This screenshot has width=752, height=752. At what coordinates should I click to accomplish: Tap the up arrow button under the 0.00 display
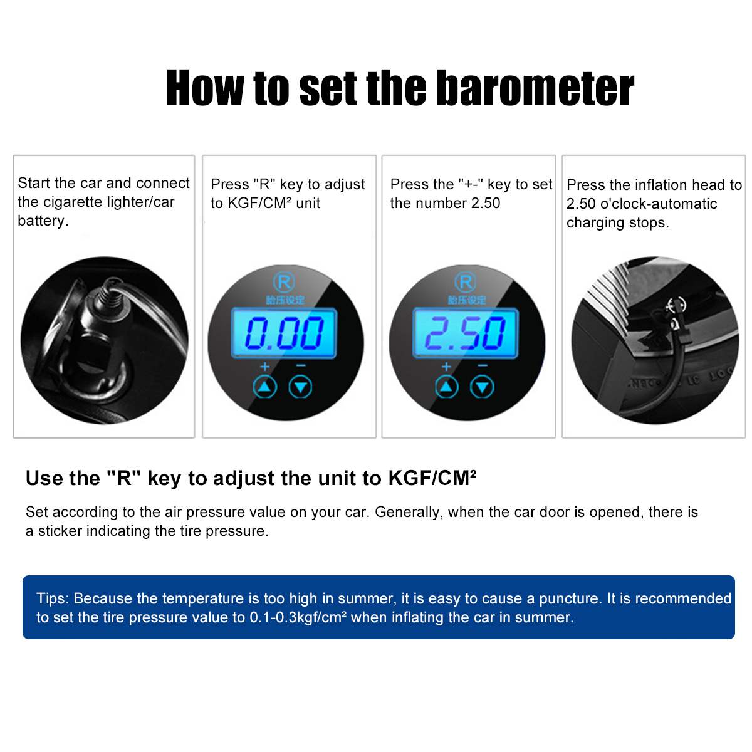pos(264,387)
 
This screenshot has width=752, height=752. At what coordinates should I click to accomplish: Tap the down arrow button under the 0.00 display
pos(300,387)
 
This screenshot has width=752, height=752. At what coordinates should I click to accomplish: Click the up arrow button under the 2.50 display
pos(446,387)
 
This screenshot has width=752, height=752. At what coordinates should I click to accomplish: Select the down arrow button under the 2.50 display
pos(482,387)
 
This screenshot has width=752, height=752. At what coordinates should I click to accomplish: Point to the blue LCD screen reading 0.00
pos(284,333)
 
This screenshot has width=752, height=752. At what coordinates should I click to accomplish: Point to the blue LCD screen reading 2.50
pos(465,333)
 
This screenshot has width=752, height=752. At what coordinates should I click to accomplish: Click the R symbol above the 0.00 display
pos(284,281)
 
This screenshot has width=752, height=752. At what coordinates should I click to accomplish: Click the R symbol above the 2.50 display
pos(465,281)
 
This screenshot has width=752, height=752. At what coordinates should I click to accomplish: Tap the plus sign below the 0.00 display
pos(264,366)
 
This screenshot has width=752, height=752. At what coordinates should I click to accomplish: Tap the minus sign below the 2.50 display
pos(482,365)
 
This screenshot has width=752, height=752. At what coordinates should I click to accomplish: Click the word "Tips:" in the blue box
pos(53,598)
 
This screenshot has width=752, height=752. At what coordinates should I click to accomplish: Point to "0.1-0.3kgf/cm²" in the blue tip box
pos(298,617)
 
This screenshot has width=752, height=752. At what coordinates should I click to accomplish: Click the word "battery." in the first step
pos(43,221)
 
